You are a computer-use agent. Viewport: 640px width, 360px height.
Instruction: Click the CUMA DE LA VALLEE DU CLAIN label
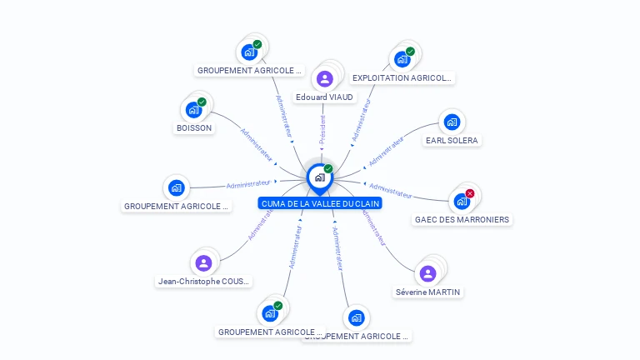coord(320,203)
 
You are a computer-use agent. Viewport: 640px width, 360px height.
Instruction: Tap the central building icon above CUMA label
coord(319,177)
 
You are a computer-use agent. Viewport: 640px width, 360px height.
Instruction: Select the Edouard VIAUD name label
coord(324,97)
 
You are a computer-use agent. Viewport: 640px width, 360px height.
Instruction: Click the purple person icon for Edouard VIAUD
coord(324,79)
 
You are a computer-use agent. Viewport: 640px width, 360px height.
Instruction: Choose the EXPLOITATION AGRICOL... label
coord(402,78)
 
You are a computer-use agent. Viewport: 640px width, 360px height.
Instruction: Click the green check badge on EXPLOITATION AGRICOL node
coord(410,51)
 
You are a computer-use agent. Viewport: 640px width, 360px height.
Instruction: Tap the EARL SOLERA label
coord(452,141)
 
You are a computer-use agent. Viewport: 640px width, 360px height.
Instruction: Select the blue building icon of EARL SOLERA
coord(452,122)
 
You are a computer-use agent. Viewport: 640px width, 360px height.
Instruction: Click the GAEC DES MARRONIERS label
coord(462,220)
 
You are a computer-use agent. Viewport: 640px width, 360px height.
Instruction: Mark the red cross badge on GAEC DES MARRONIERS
coord(470,193)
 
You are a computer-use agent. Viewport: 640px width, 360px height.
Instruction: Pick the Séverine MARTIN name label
coord(428,292)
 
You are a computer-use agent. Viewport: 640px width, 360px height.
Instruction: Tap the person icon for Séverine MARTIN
coord(427,273)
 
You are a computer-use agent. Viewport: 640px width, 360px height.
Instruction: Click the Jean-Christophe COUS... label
coord(204,282)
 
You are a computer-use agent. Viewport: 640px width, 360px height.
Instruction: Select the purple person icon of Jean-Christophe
coord(204,263)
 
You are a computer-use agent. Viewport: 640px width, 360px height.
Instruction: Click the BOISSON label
coord(194,128)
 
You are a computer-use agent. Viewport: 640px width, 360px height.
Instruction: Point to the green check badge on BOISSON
coord(202,102)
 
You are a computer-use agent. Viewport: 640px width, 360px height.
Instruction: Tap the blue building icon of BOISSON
coord(193,109)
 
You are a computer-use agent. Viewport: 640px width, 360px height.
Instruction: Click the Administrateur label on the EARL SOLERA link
coord(386,151)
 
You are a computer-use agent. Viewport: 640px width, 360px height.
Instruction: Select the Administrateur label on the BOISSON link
coord(257,144)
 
